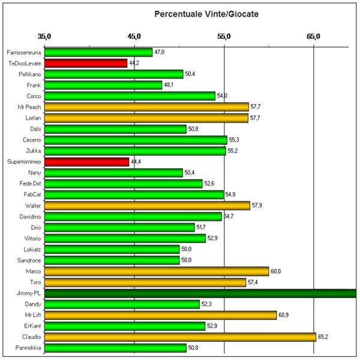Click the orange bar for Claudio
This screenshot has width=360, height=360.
(x=180, y=337)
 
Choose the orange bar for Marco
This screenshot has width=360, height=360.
(x=157, y=271)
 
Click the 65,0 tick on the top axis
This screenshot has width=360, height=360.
(x=314, y=37)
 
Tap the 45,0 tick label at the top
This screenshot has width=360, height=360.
(x=134, y=37)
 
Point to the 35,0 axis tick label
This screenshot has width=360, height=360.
(x=44, y=37)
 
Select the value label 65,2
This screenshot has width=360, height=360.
(x=323, y=337)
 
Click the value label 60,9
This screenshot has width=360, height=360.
(x=283, y=315)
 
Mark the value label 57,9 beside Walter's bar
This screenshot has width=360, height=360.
(x=257, y=206)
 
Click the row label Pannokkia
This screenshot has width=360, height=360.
(x=29, y=348)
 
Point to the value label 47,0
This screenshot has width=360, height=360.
(x=160, y=52)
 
